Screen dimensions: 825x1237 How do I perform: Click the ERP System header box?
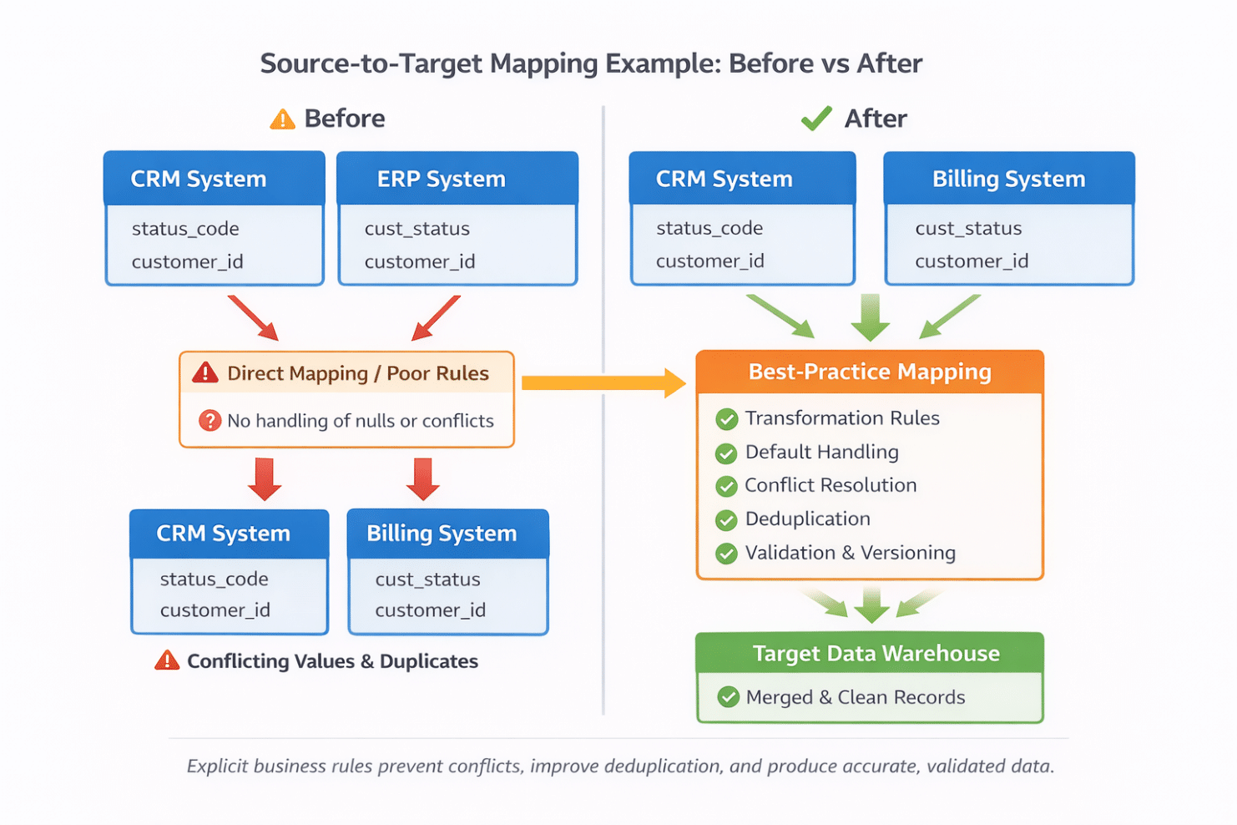click(457, 179)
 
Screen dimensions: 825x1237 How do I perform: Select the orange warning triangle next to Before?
click(282, 119)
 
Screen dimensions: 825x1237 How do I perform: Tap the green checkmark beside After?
click(815, 119)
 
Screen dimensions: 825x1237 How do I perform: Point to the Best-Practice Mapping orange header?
click(869, 372)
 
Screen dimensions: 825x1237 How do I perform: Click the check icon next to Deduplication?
click(726, 520)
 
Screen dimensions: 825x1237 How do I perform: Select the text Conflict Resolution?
click(830, 485)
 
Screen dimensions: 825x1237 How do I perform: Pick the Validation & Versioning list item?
click(850, 553)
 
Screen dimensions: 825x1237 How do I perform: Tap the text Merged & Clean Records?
click(855, 697)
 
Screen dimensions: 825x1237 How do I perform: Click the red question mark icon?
click(210, 421)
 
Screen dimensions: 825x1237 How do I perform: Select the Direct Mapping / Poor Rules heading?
click(357, 373)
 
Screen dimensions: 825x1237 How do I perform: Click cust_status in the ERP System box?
click(417, 229)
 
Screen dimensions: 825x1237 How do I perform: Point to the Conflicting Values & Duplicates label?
click(332, 661)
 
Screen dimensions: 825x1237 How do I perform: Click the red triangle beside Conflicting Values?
click(167, 661)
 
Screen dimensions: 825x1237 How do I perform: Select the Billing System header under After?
click(1008, 179)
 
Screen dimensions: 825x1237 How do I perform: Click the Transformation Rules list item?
click(841, 418)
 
